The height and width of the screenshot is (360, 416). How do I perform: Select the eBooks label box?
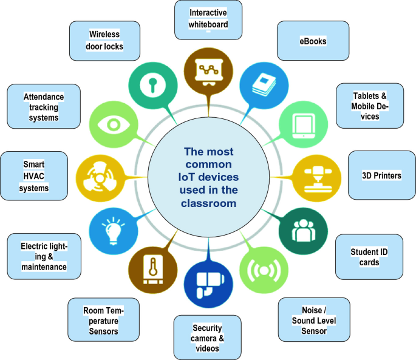pyautogui.click(x=312, y=41)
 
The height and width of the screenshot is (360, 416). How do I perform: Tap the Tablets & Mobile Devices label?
pyautogui.click(x=370, y=106)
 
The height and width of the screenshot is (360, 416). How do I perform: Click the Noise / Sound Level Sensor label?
pyautogui.click(x=313, y=321)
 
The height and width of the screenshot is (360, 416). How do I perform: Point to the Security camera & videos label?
pyautogui.click(x=208, y=337)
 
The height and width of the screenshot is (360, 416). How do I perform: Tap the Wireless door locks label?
pyautogui.click(x=104, y=40)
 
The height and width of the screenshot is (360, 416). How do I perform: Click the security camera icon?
pyautogui.click(x=208, y=284)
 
